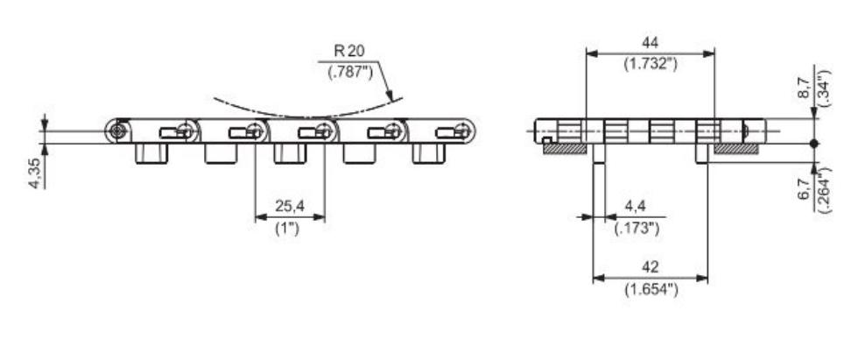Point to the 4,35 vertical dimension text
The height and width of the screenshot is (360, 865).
[x=34, y=172]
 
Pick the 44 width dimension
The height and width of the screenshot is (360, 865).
[x=650, y=42]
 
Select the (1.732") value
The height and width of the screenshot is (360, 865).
[x=650, y=64]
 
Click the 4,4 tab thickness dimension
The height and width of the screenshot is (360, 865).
[x=636, y=208]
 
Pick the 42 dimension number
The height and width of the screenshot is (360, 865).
[x=650, y=267]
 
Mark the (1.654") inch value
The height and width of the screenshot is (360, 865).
[x=650, y=289]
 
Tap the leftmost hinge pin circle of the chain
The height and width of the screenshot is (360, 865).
[x=117, y=131]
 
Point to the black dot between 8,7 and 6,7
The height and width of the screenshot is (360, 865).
[x=814, y=143]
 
